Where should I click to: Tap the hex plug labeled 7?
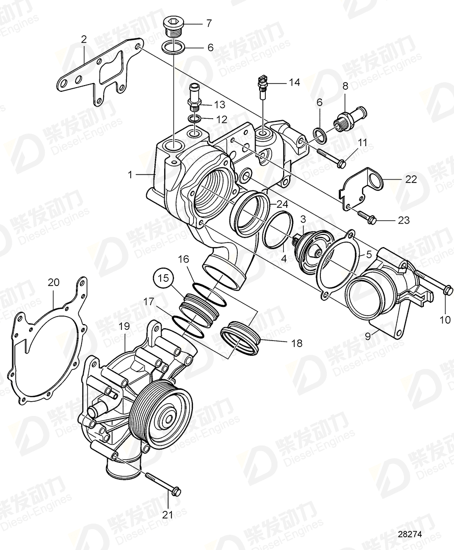[173, 27]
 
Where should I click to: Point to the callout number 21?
[168, 514]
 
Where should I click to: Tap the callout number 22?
[411, 179]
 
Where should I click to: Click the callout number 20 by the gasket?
[54, 282]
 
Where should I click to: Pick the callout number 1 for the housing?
[131, 174]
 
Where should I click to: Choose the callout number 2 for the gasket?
[84, 39]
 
